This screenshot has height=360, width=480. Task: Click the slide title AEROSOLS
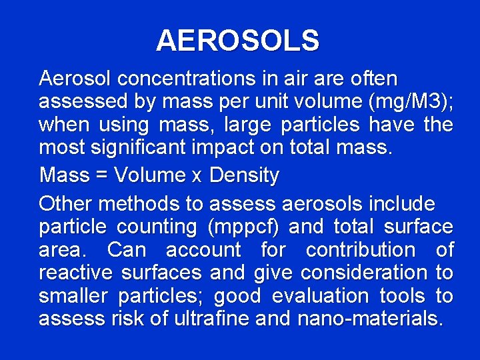click(238, 41)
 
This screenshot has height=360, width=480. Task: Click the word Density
click(244, 176)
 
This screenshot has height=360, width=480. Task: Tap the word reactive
click(75, 273)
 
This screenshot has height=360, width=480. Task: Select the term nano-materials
click(369, 319)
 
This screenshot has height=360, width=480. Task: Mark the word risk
click(127, 319)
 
